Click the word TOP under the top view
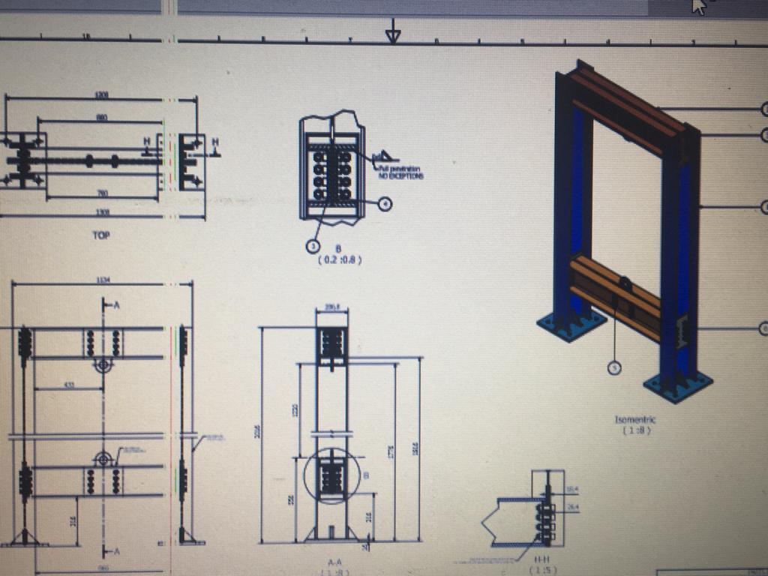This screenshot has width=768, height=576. coord(101,235)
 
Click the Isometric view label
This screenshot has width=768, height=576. coord(634,420)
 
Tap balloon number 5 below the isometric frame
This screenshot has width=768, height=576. coord(613,367)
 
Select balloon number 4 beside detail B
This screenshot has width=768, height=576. coord(385,203)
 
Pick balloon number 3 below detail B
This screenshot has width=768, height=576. coord(313,244)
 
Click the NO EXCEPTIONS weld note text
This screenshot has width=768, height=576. coord(401,176)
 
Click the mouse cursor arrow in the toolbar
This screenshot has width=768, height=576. coord(698,7)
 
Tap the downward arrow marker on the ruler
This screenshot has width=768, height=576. coord(392,34)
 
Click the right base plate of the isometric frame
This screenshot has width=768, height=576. coord(678,385)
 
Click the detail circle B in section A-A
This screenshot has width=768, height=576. coord(332,477)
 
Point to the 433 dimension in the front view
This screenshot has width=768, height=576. coord(69,385)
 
